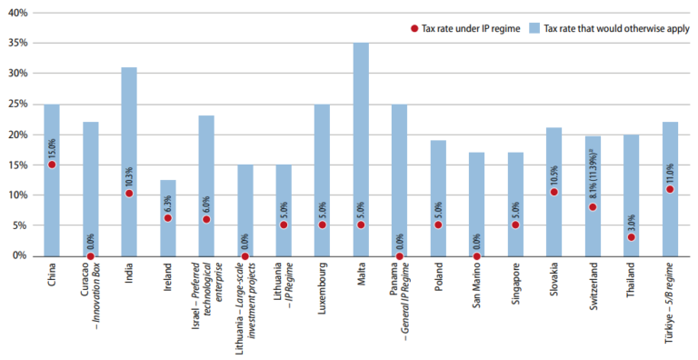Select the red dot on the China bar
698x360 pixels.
click(52, 165)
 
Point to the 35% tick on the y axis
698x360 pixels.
click(17, 43)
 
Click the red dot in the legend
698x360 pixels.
click(414, 29)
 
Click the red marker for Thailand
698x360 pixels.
click(631, 237)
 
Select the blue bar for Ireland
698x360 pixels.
click(168, 218)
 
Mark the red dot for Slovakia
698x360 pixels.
click(553, 192)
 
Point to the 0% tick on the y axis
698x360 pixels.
click(20, 255)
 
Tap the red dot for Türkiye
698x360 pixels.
click(670, 189)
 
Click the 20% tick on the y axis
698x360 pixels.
click(17, 135)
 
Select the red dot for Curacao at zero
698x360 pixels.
click(91, 256)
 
